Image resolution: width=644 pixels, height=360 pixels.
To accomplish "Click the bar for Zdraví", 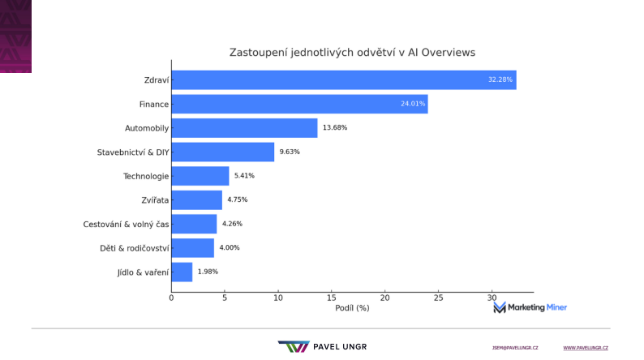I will point(343,80).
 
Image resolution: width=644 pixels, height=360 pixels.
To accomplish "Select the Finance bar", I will point(299,104).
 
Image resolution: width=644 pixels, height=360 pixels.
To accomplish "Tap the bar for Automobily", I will point(244,128).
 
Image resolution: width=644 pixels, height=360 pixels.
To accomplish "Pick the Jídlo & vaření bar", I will point(182,272).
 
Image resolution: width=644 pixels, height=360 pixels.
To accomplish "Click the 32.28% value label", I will point(500,80).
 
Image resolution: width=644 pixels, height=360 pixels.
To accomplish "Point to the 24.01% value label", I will point(413,104).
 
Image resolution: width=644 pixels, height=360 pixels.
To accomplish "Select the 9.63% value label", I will point(290,152).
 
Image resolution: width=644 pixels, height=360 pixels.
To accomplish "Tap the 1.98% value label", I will point(208,272).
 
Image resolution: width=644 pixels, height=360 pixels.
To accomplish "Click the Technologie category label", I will point(146,176).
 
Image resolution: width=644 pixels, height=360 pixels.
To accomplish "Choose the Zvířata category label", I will point(155,199).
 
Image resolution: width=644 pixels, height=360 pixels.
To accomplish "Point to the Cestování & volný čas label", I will point(126,224).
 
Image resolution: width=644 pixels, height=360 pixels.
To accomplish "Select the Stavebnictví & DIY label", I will point(133,152).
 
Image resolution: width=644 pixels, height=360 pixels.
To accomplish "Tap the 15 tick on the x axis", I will point(331,298).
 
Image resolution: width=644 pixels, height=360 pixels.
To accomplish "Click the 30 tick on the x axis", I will point(492,298).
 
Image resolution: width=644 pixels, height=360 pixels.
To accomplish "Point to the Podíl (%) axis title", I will point(352,308).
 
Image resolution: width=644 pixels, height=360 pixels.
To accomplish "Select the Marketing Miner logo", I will point(530,307).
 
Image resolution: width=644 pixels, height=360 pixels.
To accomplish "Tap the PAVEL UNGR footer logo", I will point(322,346).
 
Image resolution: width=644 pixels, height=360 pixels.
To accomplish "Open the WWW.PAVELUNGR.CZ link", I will point(586,347).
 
